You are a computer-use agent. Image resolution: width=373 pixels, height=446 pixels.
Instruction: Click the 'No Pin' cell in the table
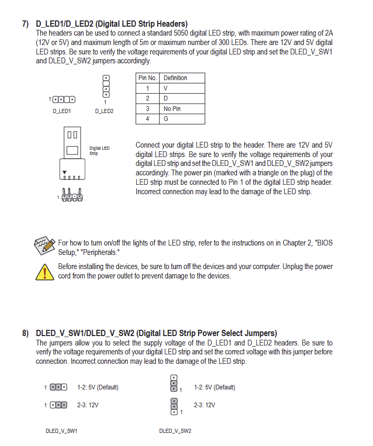pos(182,109)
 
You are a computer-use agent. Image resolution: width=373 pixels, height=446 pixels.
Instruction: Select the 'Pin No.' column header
pos(148,78)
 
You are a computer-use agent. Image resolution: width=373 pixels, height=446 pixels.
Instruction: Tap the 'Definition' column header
pos(182,78)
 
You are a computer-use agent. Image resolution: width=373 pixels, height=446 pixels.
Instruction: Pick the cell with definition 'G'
pos(182,119)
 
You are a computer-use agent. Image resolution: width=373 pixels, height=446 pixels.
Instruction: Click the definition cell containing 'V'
pos(182,88)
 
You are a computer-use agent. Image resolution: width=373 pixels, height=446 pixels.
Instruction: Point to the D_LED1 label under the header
pos(61,111)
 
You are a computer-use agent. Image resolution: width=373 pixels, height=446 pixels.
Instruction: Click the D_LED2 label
pos(104,111)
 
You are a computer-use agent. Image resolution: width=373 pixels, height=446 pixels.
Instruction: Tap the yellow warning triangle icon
pos(45,272)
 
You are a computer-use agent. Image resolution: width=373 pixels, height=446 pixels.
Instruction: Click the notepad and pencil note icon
pos(45,246)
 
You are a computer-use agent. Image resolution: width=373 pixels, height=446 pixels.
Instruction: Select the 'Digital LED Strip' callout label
pos(100,151)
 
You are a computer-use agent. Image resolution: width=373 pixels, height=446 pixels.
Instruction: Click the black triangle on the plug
pos(64,172)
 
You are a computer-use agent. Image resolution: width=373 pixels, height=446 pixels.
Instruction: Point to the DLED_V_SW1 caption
pos(61,431)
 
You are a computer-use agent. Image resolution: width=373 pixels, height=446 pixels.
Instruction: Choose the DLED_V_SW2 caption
pos(175,431)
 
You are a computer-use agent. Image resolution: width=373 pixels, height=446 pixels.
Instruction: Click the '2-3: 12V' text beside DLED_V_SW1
pos(87,405)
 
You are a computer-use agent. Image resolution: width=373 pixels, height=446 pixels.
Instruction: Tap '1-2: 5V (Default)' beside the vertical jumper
pos(214,387)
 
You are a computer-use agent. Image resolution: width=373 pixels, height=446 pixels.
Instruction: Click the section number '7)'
pos(25,24)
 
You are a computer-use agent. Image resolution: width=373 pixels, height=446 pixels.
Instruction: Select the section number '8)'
pos(25,333)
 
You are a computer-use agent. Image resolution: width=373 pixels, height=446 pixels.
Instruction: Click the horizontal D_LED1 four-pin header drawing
pos(64,99)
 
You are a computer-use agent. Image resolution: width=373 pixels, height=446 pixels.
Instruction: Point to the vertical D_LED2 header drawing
pos(106,86)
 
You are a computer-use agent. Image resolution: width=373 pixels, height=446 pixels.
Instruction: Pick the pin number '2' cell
pos(148,99)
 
